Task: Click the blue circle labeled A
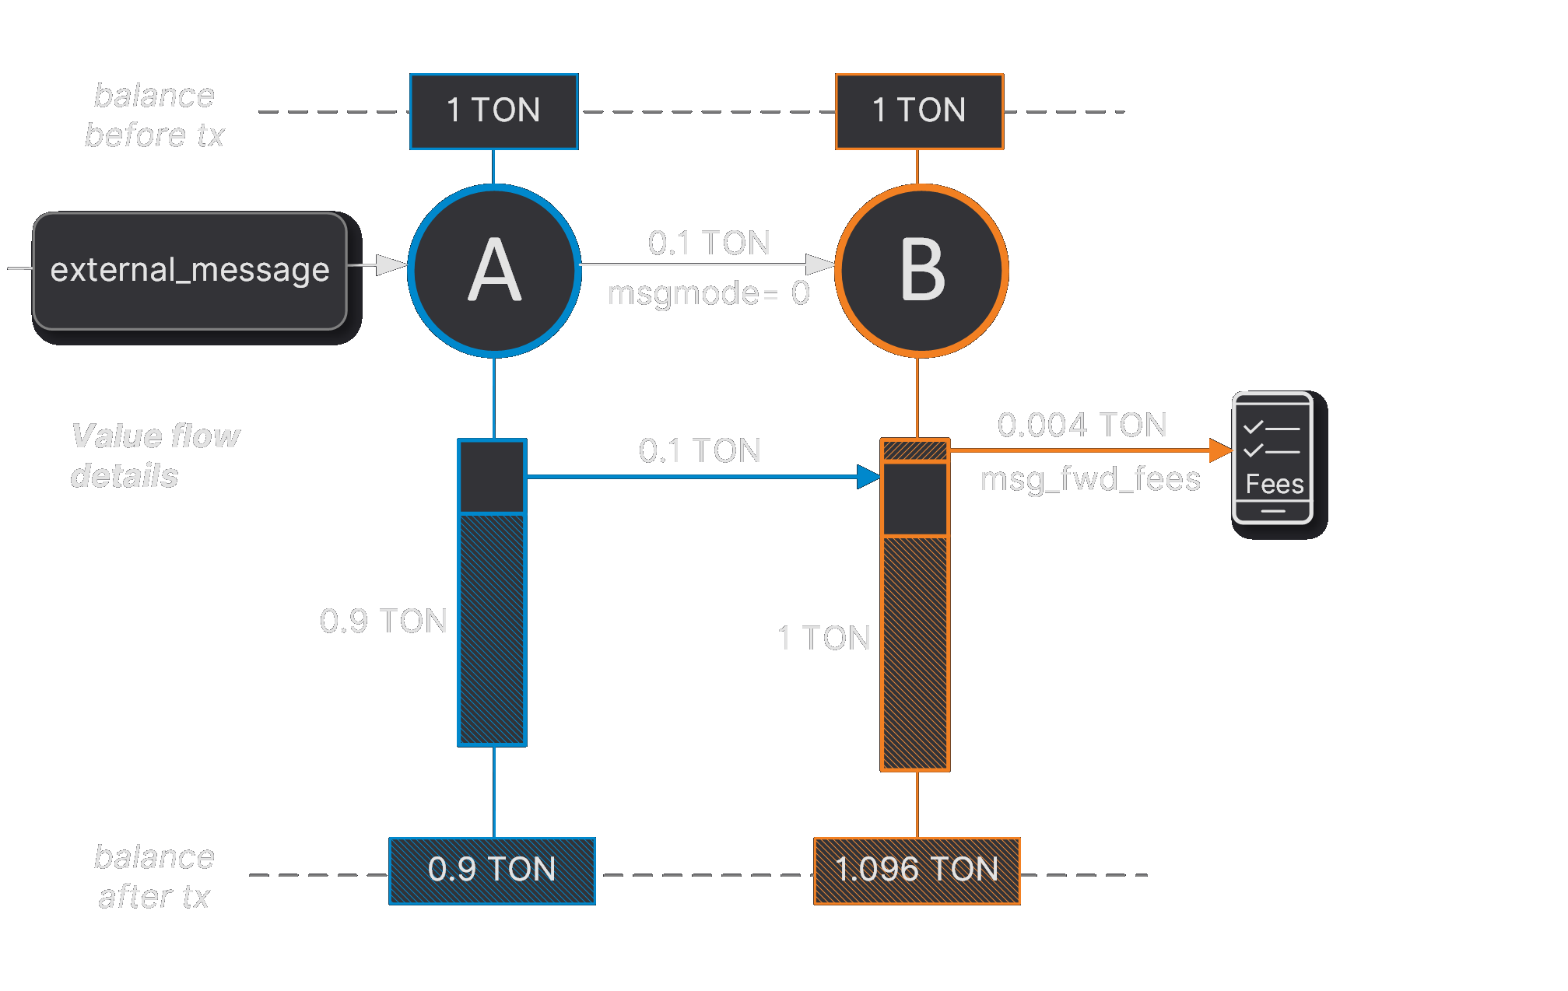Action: point(494,271)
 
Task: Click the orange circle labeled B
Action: point(921,271)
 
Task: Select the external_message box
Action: point(190,271)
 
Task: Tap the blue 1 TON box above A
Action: point(493,111)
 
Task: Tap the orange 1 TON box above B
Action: point(919,111)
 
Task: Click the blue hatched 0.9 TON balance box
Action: point(492,870)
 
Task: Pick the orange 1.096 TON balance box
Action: point(917,870)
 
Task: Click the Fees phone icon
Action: point(1272,457)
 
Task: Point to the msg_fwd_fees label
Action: point(1089,479)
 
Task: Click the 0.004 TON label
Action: point(1082,425)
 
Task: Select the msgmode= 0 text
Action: point(708,294)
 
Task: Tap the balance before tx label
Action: point(154,115)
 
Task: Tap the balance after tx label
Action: point(154,877)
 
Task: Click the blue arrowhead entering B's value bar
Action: point(868,477)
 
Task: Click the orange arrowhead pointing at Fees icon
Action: point(1220,450)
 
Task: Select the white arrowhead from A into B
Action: point(819,264)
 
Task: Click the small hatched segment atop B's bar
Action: point(915,450)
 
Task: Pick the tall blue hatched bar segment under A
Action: point(492,629)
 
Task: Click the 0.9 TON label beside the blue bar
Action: point(383,621)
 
